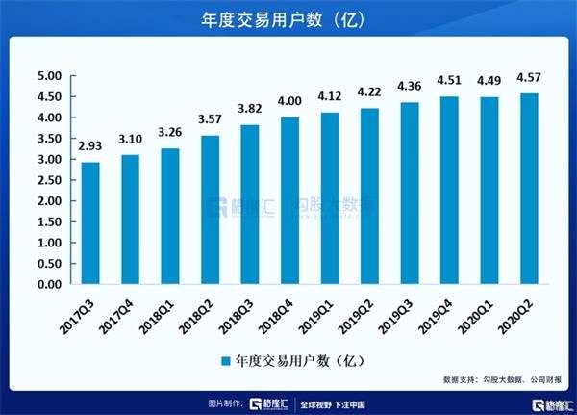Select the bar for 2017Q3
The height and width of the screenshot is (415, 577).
coord(90,223)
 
